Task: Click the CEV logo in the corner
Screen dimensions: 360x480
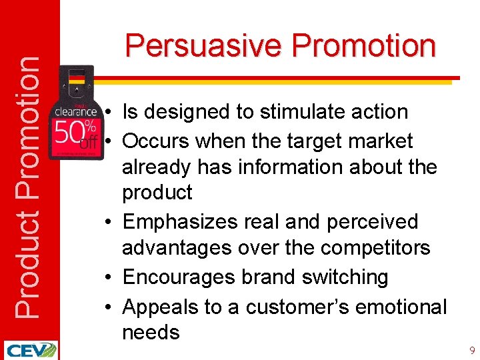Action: click(x=30, y=350)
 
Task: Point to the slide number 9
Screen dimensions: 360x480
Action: click(x=472, y=350)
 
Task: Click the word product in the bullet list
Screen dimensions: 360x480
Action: click(x=157, y=193)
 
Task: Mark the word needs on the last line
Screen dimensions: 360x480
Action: click(x=151, y=333)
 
